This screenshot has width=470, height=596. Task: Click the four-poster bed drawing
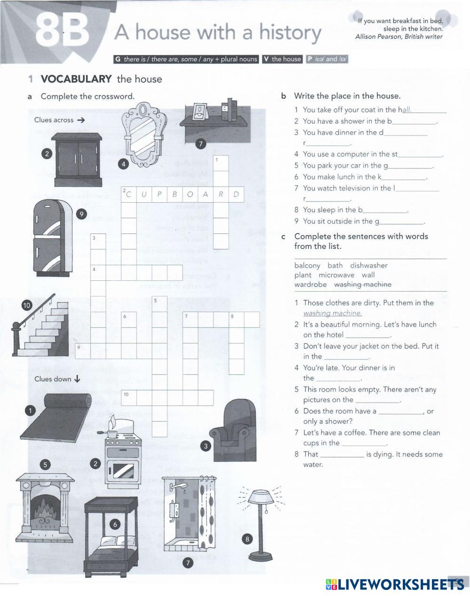tap(111, 536)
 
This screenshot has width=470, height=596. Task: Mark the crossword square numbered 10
tap(129, 397)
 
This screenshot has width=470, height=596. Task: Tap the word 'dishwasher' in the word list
tap(368, 265)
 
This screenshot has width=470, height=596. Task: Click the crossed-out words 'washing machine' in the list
tap(362, 284)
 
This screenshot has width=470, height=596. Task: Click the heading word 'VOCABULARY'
tap(76, 79)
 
